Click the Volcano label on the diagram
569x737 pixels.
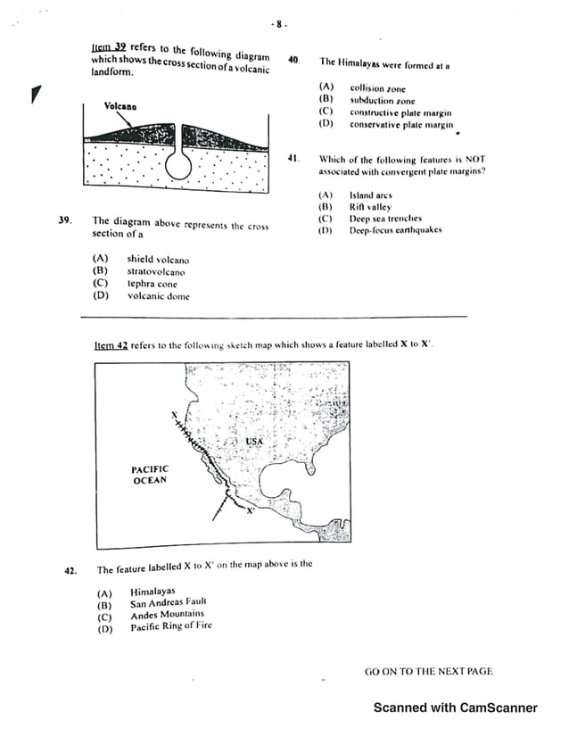(x=120, y=106)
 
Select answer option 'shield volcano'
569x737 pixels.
(x=158, y=260)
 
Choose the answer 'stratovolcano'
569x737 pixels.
(x=156, y=271)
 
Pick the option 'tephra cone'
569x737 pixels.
(x=152, y=284)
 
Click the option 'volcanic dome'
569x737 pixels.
(x=158, y=296)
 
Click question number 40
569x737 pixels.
(x=293, y=61)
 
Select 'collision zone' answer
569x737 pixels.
(x=377, y=88)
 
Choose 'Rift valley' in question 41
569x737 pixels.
(x=370, y=206)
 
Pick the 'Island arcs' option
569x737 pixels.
(x=370, y=195)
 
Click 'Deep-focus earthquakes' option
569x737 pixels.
(x=395, y=230)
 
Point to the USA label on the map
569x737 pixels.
(x=254, y=442)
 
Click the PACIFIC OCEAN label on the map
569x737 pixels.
(x=149, y=475)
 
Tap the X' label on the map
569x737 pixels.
(x=251, y=511)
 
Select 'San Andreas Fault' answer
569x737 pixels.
(x=168, y=602)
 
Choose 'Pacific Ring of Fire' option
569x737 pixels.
(x=171, y=626)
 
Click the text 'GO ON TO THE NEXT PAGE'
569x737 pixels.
(x=428, y=671)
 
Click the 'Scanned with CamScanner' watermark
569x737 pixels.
(x=455, y=708)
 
